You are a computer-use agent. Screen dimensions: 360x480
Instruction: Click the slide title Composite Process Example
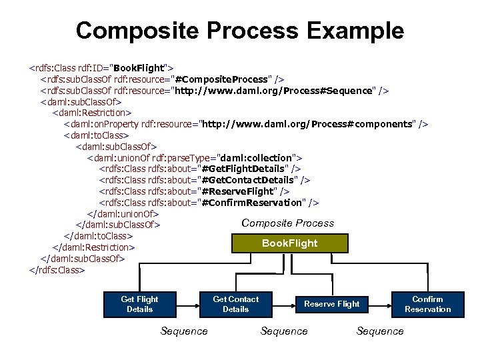(x=239, y=30)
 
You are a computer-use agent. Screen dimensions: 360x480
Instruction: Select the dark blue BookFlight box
(x=289, y=243)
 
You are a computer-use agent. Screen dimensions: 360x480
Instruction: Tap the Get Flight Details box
(x=139, y=304)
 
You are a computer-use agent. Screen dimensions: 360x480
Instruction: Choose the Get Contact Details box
(x=235, y=304)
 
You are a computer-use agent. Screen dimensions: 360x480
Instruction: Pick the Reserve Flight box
(x=331, y=304)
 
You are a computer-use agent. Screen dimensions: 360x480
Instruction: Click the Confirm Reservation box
(x=427, y=304)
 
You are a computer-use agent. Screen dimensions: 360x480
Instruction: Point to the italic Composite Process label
(x=287, y=223)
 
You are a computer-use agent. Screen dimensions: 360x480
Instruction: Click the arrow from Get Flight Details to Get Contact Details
(x=188, y=304)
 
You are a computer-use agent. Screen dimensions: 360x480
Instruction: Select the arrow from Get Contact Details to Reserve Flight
(x=284, y=304)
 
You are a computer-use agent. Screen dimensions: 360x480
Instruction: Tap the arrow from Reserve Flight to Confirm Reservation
(x=380, y=304)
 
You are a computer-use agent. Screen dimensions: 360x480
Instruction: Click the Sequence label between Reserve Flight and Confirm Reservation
(x=380, y=331)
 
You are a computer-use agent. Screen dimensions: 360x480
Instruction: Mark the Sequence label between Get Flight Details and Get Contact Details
(x=184, y=331)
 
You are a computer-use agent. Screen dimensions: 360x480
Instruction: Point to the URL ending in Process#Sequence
(x=273, y=91)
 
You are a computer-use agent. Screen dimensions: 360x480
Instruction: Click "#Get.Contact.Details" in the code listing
(x=247, y=180)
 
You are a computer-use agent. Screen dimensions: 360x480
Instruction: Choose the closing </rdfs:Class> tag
(x=57, y=270)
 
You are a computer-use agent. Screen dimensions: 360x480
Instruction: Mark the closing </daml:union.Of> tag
(x=123, y=214)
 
